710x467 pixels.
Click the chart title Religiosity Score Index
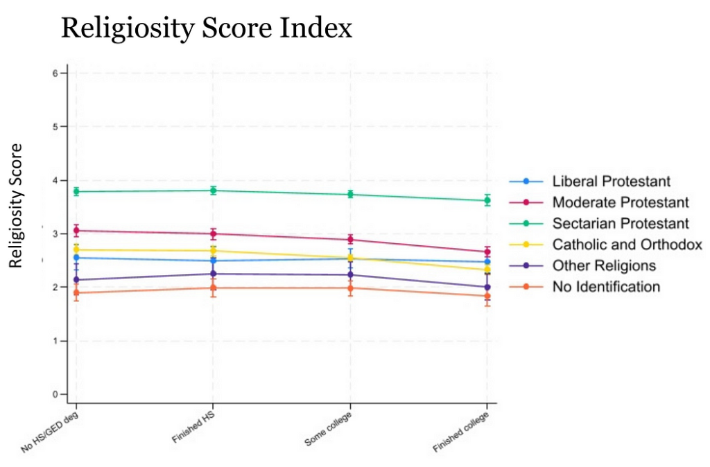pyautogui.click(x=207, y=28)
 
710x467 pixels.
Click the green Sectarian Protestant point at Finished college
pyautogui.click(x=487, y=200)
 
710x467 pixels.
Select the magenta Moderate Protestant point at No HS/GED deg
pyautogui.click(x=76, y=231)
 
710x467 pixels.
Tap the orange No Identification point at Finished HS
pyautogui.click(x=214, y=288)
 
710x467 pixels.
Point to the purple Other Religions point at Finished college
pyautogui.click(x=487, y=287)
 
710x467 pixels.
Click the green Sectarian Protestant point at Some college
pyautogui.click(x=350, y=195)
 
